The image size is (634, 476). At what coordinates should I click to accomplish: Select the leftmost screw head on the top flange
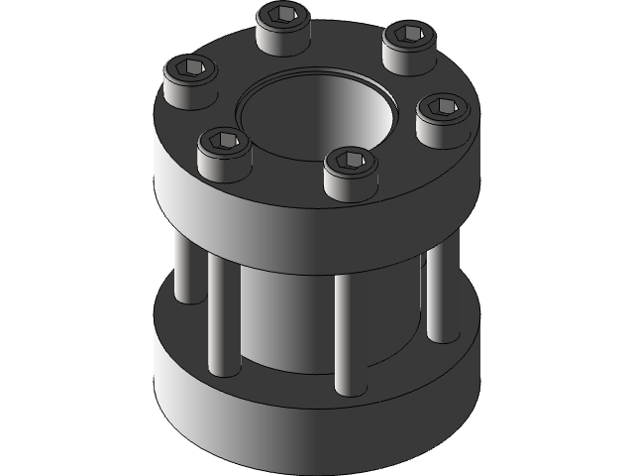[190, 85]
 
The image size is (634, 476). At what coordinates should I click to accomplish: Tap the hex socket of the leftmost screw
[191, 68]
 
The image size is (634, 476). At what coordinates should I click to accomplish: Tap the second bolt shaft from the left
[220, 317]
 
